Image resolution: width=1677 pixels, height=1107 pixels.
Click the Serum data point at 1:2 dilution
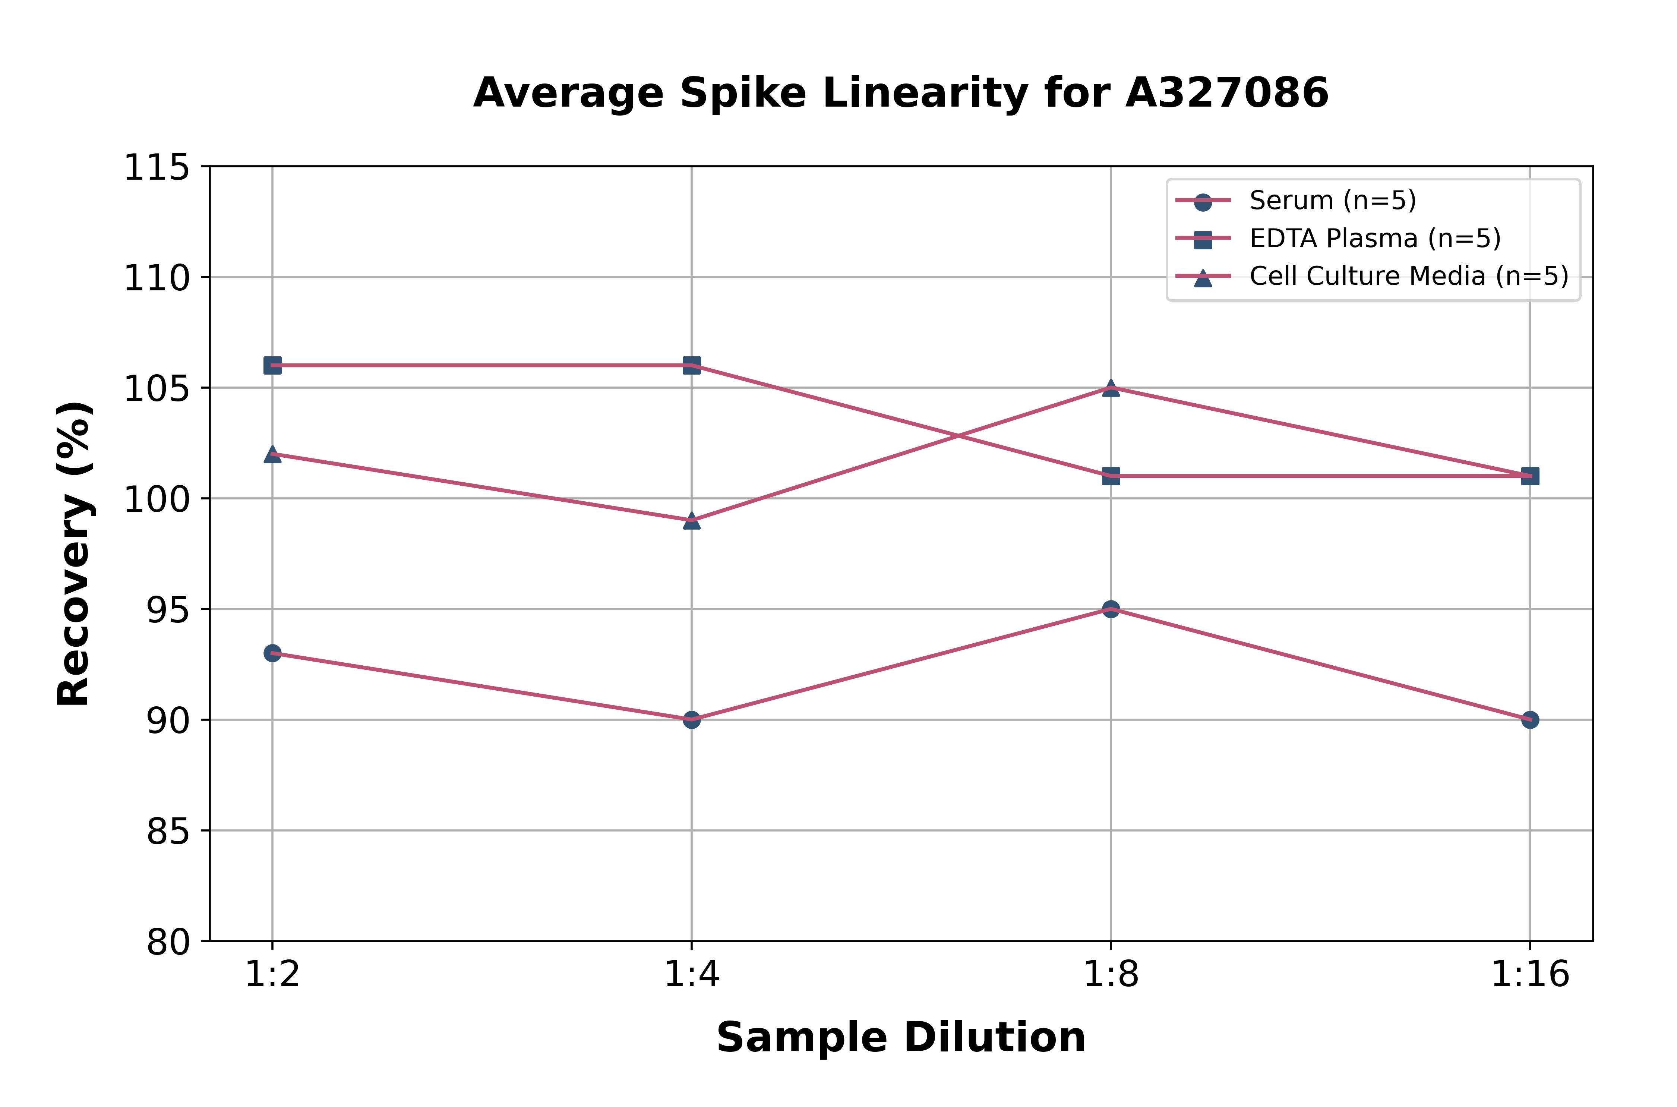click(272, 653)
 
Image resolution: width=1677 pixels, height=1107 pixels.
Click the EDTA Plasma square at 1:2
click(272, 365)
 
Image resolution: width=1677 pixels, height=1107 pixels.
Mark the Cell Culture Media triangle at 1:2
click(272, 454)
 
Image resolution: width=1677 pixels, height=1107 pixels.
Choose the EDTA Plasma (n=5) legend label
click(1375, 239)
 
